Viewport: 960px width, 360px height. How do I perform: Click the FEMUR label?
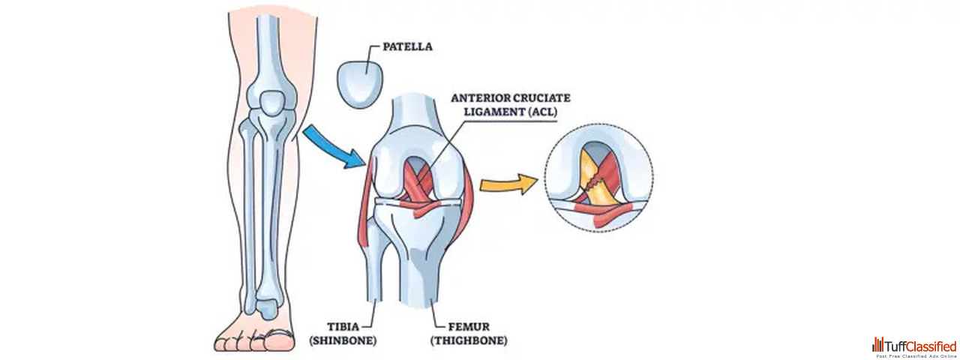(x=455, y=327)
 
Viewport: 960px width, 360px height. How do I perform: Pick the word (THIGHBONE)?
(x=469, y=340)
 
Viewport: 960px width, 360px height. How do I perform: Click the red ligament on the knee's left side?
(x=367, y=210)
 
